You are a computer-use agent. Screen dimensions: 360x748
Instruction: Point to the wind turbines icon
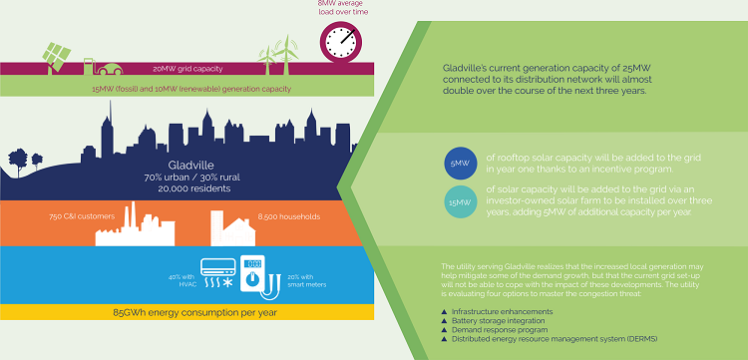click(278, 54)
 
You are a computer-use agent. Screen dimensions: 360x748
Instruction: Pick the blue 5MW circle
click(460, 164)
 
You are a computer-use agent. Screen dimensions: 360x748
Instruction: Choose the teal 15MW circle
click(460, 203)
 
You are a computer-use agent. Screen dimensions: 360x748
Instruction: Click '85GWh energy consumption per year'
click(187, 313)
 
